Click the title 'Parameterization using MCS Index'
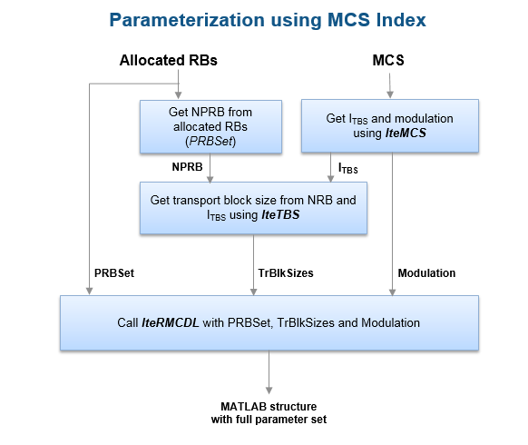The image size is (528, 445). click(268, 20)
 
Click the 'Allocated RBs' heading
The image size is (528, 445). click(169, 60)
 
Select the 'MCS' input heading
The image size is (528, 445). click(388, 60)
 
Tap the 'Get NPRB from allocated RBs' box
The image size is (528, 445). click(210, 127)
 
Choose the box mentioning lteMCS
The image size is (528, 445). click(390, 125)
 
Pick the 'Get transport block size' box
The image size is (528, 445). click(253, 208)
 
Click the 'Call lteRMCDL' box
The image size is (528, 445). click(269, 323)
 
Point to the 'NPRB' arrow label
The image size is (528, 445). click(187, 167)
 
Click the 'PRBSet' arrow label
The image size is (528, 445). click(114, 273)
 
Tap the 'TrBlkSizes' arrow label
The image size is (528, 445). click(286, 273)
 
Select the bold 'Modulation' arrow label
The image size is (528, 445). click(426, 273)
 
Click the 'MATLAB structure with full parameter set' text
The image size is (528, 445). click(269, 413)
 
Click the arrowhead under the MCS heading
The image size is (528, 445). click(390, 94)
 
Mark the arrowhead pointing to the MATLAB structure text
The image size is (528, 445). click(269, 390)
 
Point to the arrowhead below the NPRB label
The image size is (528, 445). click(210, 179)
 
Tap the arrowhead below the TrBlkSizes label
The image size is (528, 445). click(253, 292)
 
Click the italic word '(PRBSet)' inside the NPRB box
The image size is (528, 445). click(210, 142)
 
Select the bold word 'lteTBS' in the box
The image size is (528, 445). click(280, 214)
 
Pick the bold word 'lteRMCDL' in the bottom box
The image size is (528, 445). click(170, 323)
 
